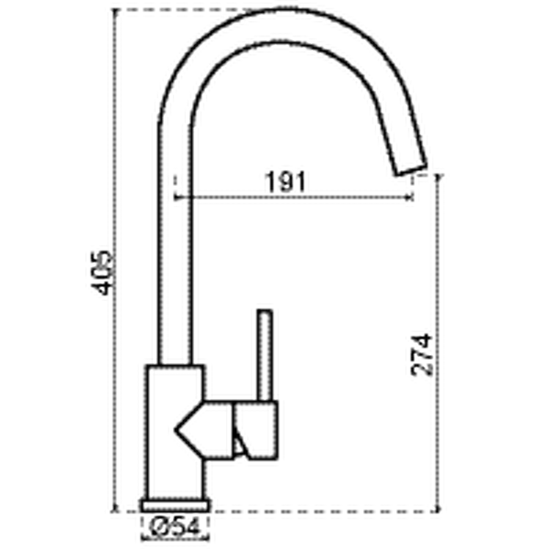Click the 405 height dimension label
[102, 273]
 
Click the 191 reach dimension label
[285, 182]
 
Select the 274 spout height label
[422, 355]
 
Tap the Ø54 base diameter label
[175, 527]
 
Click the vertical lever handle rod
[264, 355]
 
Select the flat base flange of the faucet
[175, 506]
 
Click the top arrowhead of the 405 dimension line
[115, 12]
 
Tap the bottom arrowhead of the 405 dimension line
[115, 509]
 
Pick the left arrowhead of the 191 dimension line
[178, 198]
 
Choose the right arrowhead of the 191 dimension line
[410, 198]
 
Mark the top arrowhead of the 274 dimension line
[438, 178]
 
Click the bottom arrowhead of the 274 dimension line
[438, 509]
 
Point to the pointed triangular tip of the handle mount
[176, 430]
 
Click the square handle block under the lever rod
[256, 430]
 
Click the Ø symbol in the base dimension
[157, 527]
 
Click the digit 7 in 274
[422, 355]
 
